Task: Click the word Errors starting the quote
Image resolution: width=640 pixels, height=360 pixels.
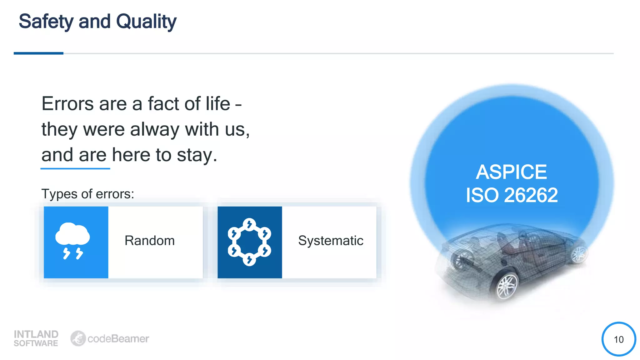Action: (x=67, y=104)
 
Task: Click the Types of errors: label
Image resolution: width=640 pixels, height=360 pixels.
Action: (x=87, y=194)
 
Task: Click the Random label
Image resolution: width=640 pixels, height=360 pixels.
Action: (x=149, y=241)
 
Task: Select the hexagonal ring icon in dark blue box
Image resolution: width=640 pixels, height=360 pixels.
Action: (x=249, y=242)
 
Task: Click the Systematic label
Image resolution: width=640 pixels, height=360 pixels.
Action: (x=330, y=241)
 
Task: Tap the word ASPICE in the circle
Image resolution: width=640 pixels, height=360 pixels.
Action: (x=511, y=172)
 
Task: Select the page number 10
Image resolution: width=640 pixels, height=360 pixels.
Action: (x=618, y=339)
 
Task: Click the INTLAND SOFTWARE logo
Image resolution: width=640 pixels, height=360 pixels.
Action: (x=36, y=338)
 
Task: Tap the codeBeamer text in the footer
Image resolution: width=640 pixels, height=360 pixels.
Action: (x=118, y=339)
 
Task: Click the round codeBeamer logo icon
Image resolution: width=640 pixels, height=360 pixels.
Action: (x=78, y=338)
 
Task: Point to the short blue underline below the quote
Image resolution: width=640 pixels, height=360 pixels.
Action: (x=75, y=168)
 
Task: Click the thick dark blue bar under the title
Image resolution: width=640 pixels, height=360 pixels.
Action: (x=38, y=53)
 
